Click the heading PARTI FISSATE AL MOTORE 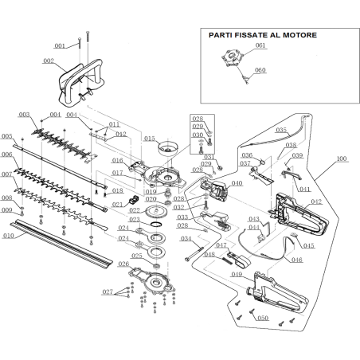(x=262, y=35)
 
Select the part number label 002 (x=49, y=61)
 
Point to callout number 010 (x=9, y=237)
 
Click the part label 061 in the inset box (x=260, y=46)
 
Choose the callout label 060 (x=260, y=70)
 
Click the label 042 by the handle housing (x=316, y=202)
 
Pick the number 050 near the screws (x=264, y=318)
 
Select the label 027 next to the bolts (x=108, y=292)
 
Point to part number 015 (x=150, y=139)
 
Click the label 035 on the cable (x=281, y=129)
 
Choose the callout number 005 (x=8, y=136)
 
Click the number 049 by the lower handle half (x=237, y=273)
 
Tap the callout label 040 (x=237, y=183)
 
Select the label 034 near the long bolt (x=186, y=238)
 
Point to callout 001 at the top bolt (x=60, y=45)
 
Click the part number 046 (x=297, y=260)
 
